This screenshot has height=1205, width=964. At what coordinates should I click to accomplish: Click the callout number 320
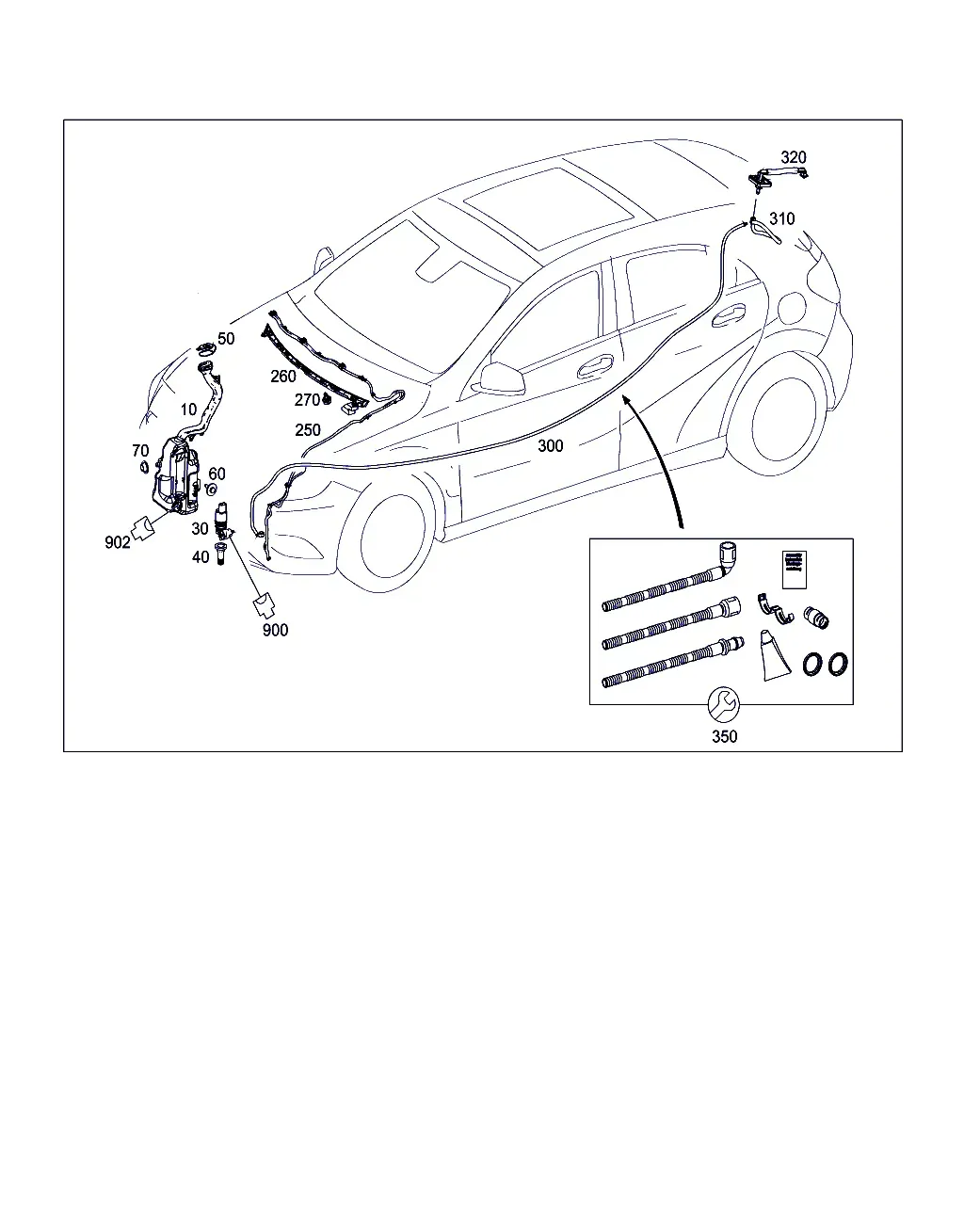794,157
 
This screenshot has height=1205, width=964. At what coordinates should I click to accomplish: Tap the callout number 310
782,218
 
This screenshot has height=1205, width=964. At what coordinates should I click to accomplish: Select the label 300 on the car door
551,445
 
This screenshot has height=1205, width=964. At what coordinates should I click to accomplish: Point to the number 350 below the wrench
724,736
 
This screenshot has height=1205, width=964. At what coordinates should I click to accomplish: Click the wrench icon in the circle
724,705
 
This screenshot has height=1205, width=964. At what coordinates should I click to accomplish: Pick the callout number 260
282,377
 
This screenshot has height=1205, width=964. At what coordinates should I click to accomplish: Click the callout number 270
307,400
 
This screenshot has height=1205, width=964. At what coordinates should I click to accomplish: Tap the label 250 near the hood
308,430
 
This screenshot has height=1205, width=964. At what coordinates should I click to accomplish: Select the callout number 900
275,630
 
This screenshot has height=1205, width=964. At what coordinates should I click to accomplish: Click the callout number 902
118,542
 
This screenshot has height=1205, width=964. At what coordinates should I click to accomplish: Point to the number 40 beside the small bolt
201,556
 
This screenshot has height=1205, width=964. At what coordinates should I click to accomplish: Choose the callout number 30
200,528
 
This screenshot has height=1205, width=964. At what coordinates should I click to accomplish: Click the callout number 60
217,474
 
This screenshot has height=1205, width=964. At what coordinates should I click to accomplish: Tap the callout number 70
140,451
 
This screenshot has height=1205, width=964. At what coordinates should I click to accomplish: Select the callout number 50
226,339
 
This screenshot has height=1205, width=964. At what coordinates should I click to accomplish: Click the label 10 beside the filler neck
189,410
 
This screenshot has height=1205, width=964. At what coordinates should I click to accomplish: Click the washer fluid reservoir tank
175,476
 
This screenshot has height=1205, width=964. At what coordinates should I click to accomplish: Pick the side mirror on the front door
502,379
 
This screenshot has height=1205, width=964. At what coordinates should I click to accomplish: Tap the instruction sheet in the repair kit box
795,570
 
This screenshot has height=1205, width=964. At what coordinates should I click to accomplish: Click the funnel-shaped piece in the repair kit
775,656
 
